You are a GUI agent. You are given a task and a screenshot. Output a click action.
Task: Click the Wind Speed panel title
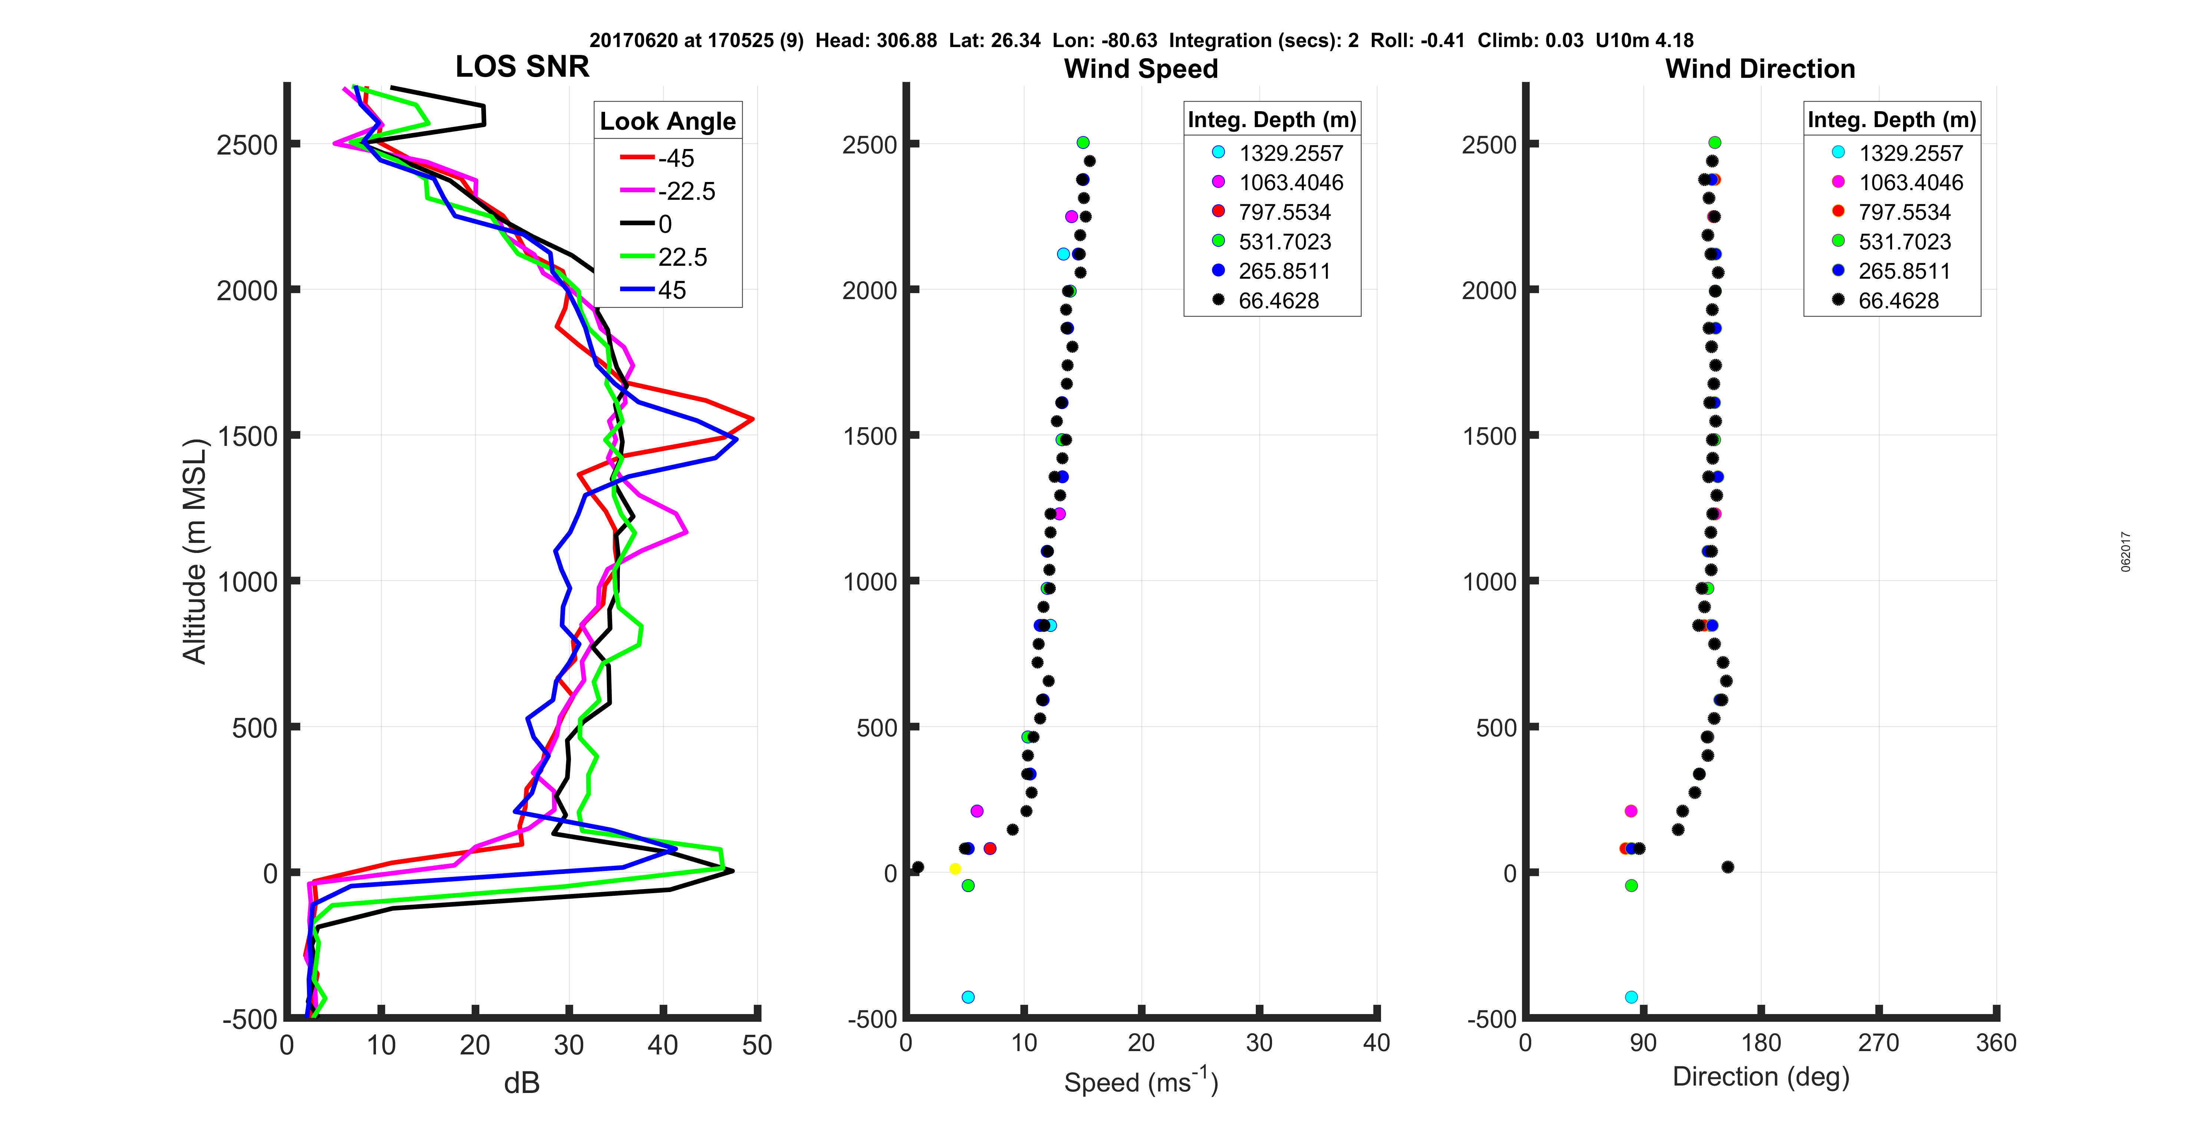click(x=1141, y=69)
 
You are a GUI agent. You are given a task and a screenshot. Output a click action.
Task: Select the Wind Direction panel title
click(x=1760, y=69)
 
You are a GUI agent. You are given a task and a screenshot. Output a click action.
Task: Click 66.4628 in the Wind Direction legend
click(x=1898, y=301)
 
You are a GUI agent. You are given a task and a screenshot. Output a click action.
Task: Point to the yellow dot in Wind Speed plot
click(x=955, y=869)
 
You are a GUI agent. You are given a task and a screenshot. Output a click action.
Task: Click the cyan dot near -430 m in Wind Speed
click(x=968, y=997)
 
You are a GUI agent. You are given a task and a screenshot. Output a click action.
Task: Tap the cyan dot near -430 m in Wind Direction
click(x=1631, y=997)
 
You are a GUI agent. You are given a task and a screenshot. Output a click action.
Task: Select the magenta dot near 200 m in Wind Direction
click(x=1631, y=811)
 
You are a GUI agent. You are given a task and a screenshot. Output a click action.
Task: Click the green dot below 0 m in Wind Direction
click(x=1631, y=885)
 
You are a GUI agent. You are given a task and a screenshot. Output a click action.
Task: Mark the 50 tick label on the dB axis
click(x=757, y=1046)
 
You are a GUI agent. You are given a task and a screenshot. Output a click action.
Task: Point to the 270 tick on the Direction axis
click(x=1879, y=1043)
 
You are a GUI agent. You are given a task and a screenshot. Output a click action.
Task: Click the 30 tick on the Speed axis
click(x=1259, y=1043)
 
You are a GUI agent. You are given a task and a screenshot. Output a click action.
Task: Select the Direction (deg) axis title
click(x=1761, y=1077)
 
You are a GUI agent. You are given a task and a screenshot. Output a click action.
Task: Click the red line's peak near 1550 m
click(x=753, y=419)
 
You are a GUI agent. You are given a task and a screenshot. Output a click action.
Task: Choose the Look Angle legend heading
click(x=667, y=122)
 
